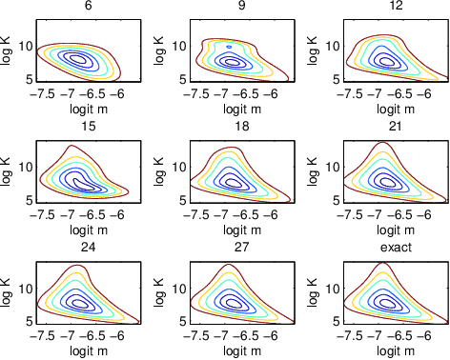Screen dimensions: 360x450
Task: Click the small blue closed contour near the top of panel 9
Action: click(x=230, y=46)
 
